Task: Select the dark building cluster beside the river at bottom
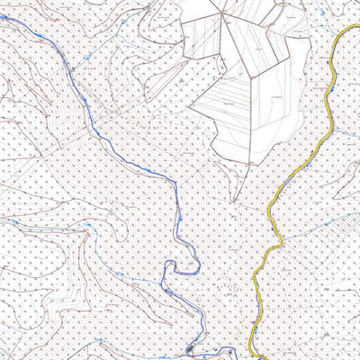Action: pos(191,350)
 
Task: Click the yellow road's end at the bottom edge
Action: pos(256,357)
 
